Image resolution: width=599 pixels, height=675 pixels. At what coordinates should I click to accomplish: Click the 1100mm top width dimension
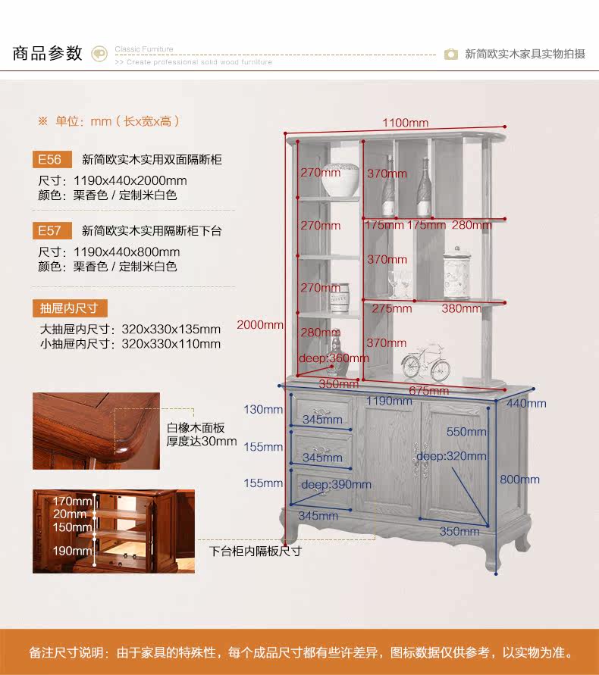[x=405, y=123]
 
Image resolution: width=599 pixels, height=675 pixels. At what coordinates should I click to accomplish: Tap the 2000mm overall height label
[x=259, y=325]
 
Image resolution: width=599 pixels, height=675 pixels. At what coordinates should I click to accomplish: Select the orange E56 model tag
[x=50, y=160]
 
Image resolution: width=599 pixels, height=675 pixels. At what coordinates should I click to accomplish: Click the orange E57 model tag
[x=50, y=230]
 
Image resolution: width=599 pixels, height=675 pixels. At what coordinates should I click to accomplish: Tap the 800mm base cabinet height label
[x=519, y=480]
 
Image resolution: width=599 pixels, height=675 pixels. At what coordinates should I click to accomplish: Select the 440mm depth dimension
[x=526, y=404]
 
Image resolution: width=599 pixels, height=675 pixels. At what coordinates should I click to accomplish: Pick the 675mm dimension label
[x=428, y=391]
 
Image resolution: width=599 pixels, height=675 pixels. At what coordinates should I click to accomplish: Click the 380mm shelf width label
[x=462, y=308]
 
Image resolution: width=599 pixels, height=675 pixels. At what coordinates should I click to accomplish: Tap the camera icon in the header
[x=451, y=54]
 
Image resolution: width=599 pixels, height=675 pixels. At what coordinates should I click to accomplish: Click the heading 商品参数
[x=47, y=54]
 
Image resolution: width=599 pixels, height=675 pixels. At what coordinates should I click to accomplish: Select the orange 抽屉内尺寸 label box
[x=69, y=308]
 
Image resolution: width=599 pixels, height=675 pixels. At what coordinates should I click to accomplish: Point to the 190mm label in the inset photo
[x=72, y=551]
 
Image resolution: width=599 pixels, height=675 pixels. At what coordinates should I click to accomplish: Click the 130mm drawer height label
[x=263, y=410]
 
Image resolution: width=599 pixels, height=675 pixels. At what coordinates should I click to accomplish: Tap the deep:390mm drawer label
[x=331, y=485]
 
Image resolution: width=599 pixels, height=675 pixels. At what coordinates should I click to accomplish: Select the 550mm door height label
[x=466, y=432]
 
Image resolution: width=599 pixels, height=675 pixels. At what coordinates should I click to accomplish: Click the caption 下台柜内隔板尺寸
[x=256, y=551]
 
